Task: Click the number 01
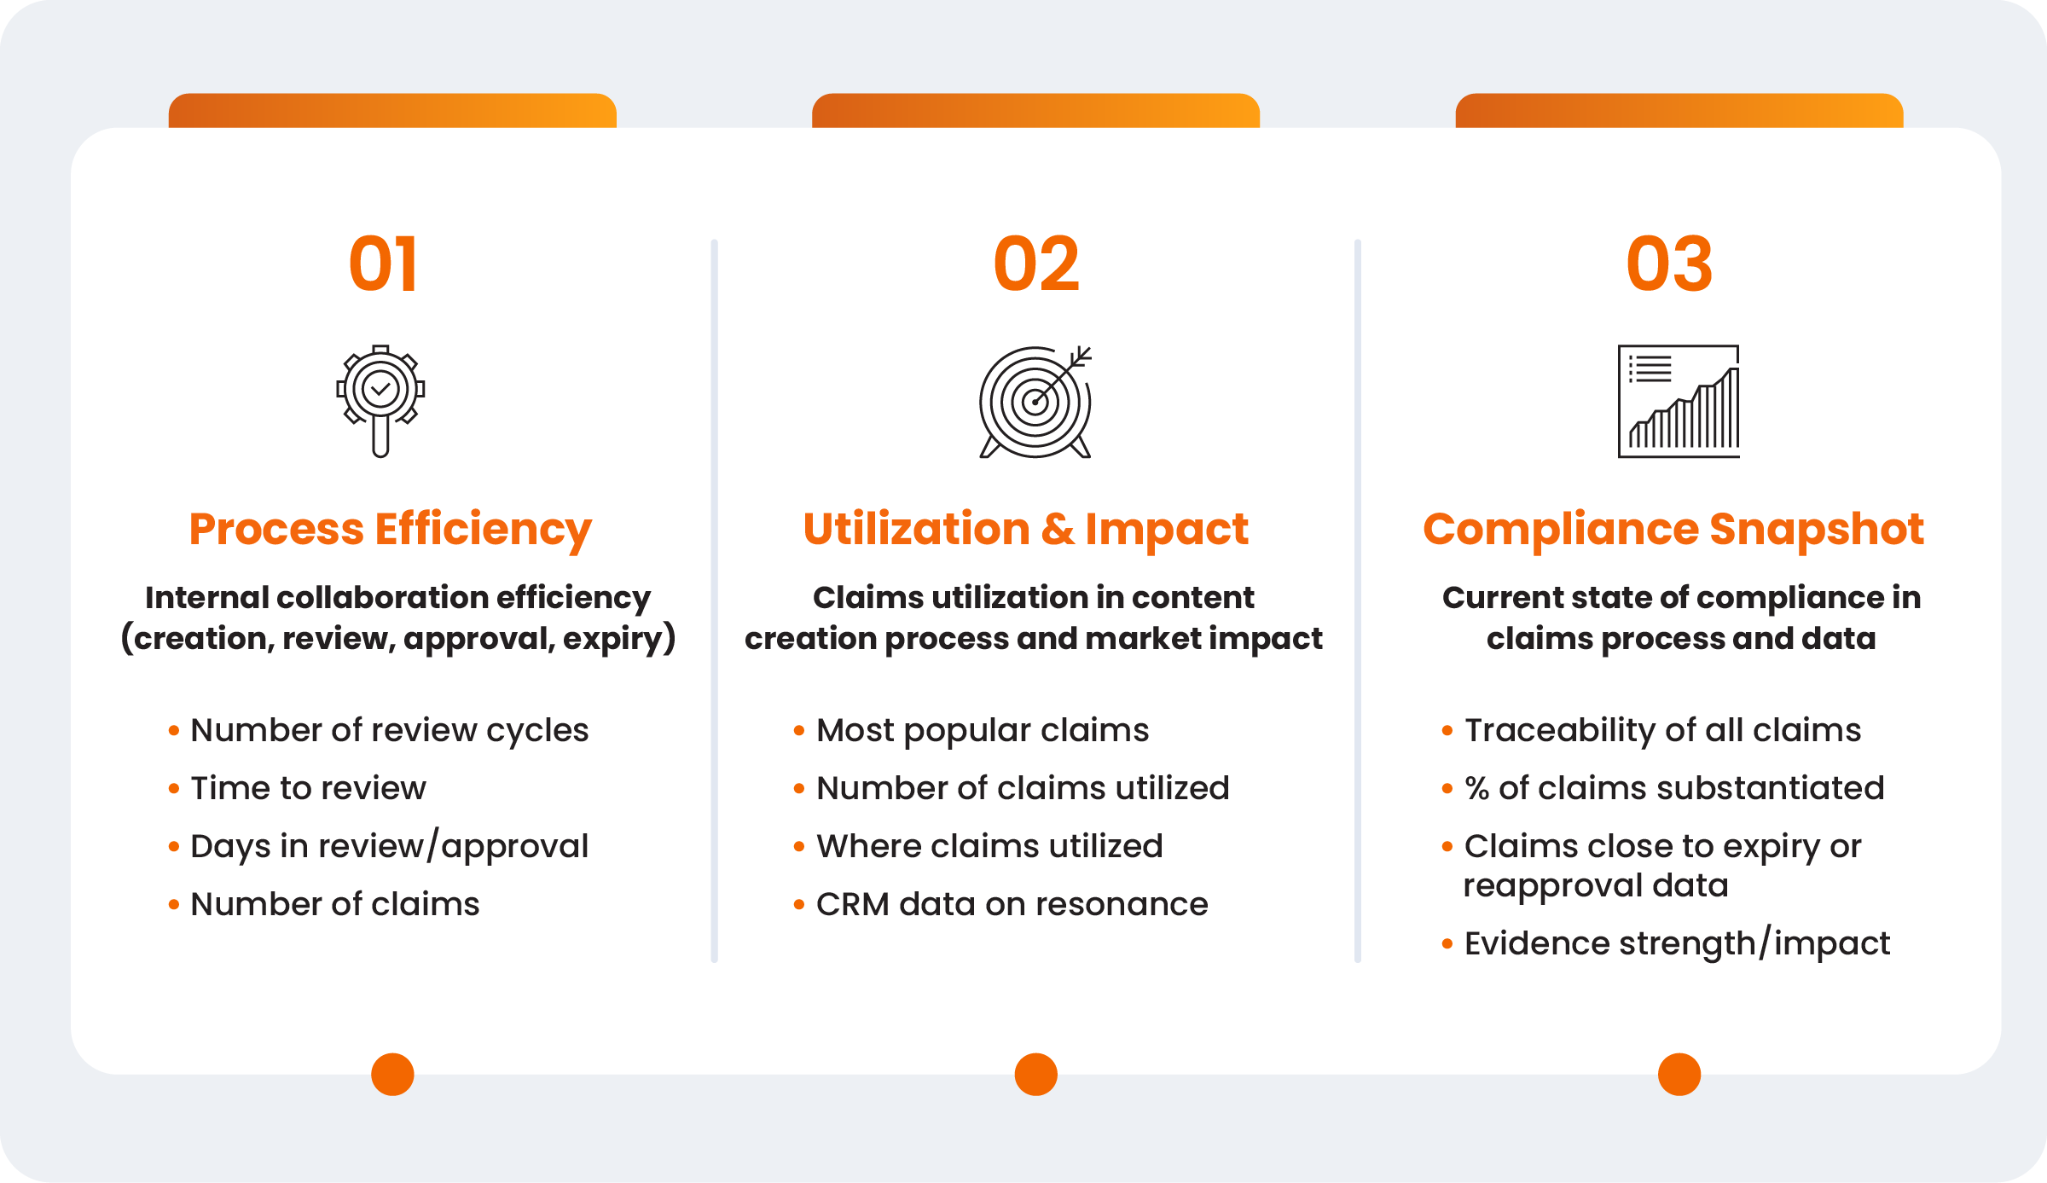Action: pos(383,264)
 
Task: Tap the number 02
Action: pos(1036,264)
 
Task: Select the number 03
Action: pos(1669,264)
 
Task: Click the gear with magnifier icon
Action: pos(380,401)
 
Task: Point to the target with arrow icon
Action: pos(1035,401)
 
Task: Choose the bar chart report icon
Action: pos(1679,401)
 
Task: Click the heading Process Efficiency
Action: pos(391,530)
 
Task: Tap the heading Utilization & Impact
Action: pos(1026,529)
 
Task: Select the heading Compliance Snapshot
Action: pos(1673,530)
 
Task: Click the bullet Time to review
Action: pos(308,788)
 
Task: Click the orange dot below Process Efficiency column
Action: pos(392,1074)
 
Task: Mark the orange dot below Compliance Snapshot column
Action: pos(1679,1074)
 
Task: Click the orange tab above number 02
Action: pos(1035,111)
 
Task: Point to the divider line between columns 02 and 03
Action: pos(1358,601)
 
